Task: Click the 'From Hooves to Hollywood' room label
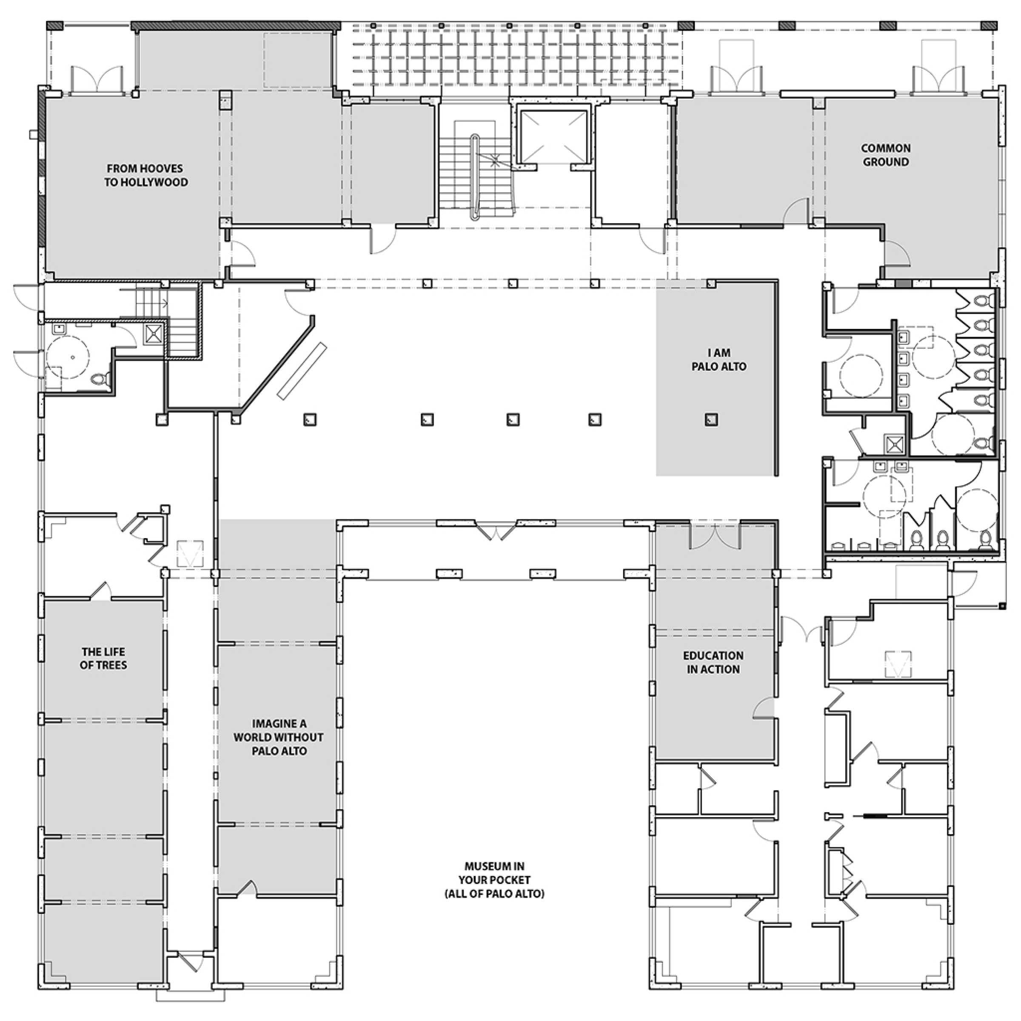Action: pos(145,175)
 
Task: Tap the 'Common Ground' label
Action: pos(886,155)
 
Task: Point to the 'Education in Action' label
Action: pos(713,662)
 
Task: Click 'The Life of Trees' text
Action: pos(103,659)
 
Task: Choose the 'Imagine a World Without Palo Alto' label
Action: pos(279,737)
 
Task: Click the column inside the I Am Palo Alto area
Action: pos(711,419)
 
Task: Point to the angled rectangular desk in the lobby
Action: pos(302,371)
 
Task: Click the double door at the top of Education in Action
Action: pos(715,535)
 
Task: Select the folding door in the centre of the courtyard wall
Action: pos(496,530)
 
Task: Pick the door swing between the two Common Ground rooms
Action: pos(796,212)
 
